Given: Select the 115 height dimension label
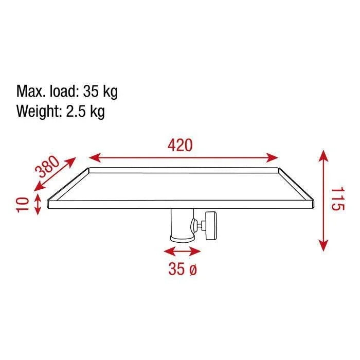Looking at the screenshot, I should point(337,201).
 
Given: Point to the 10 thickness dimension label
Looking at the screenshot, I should point(22,204).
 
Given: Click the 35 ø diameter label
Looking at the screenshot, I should point(182,268).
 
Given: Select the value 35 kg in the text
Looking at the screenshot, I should point(100,93).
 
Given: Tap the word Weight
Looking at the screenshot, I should point(39,111).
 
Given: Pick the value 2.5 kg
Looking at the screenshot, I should point(85,111).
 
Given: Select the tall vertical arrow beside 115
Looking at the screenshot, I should point(323,201).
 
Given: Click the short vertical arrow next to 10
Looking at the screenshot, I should point(38,204).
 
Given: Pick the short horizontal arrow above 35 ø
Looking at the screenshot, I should point(182,251).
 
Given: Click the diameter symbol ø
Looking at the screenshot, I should point(193,268).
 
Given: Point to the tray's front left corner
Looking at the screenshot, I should point(49,205).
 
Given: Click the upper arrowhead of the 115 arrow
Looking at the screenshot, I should point(323,154).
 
